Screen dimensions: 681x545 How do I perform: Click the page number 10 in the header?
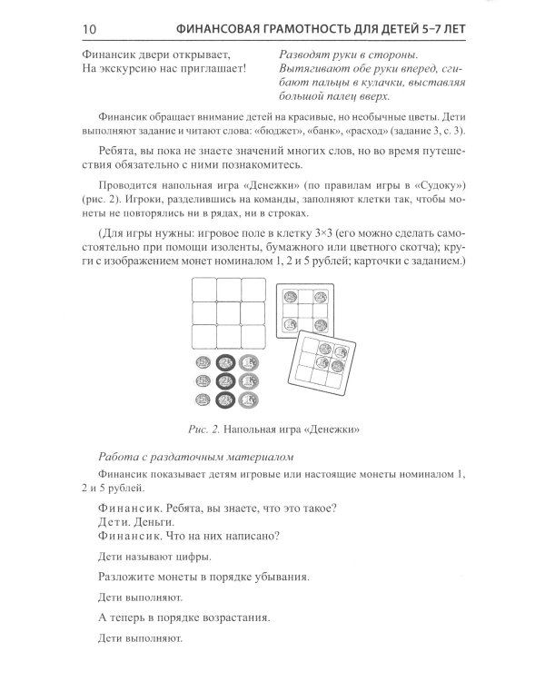(x=90, y=30)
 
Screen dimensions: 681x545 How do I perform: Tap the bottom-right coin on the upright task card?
(x=320, y=324)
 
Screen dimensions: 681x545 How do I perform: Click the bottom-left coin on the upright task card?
(x=292, y=324)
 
